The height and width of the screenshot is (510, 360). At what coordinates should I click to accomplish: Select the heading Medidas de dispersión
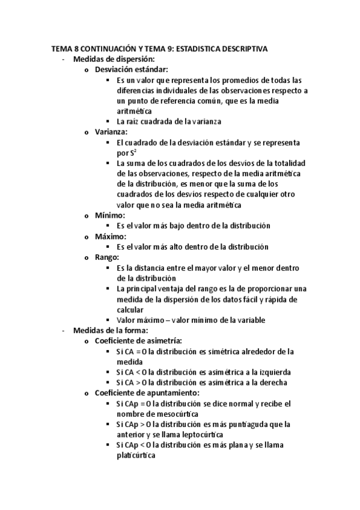pyautogui.click(x=114, y=59)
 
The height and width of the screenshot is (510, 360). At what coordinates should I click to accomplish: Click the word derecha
pyautogui.click(x=269, y=382)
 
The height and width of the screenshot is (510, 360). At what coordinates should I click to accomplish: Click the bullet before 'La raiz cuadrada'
pyautogui.click(x=108, y=121)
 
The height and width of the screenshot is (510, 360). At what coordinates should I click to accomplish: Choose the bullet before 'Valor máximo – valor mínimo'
pyautogui.click(x=108, y=320)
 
